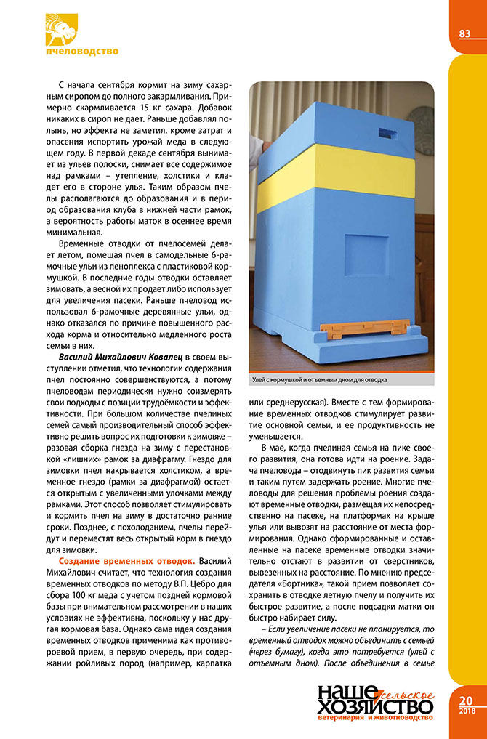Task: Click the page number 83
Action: coord(465,34)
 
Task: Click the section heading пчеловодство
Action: coord(81,52)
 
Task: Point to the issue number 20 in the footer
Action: coord(466,700)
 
